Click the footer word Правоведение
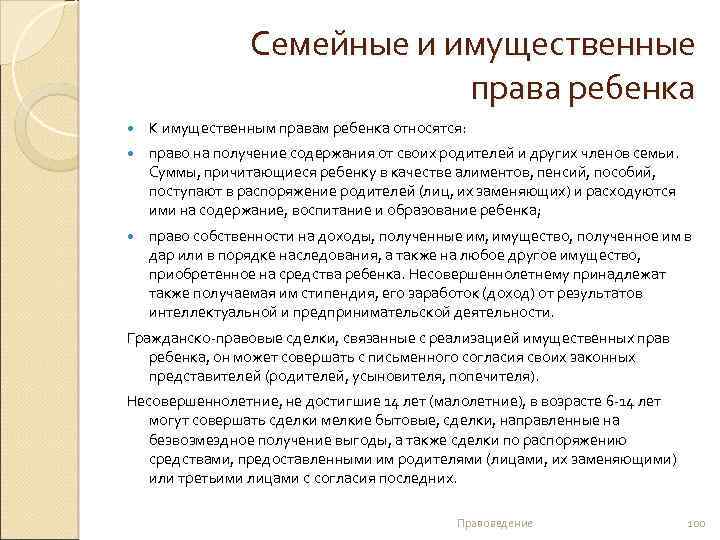click(x=494, y=524)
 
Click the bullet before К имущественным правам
click(x=136, y=129)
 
